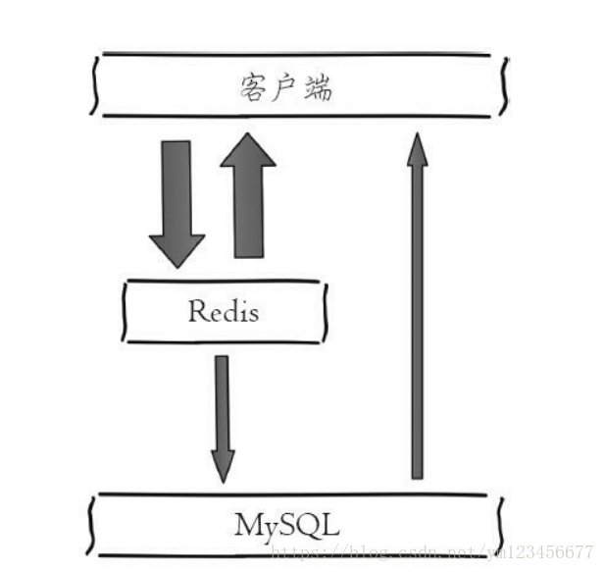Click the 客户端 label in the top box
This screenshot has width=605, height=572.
[285, 88]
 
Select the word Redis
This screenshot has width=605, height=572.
[224, 312]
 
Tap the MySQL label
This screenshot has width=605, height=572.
[287, 524]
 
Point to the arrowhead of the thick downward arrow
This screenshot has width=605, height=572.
[176, 249]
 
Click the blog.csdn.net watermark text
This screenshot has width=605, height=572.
[431, 551]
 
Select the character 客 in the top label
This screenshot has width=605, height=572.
[253, 88]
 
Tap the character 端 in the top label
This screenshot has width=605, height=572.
[317, 88]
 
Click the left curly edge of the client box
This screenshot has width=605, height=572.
[94, 85]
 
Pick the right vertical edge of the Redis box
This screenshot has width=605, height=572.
[324, 312]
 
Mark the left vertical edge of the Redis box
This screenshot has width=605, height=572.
[124, 312]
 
